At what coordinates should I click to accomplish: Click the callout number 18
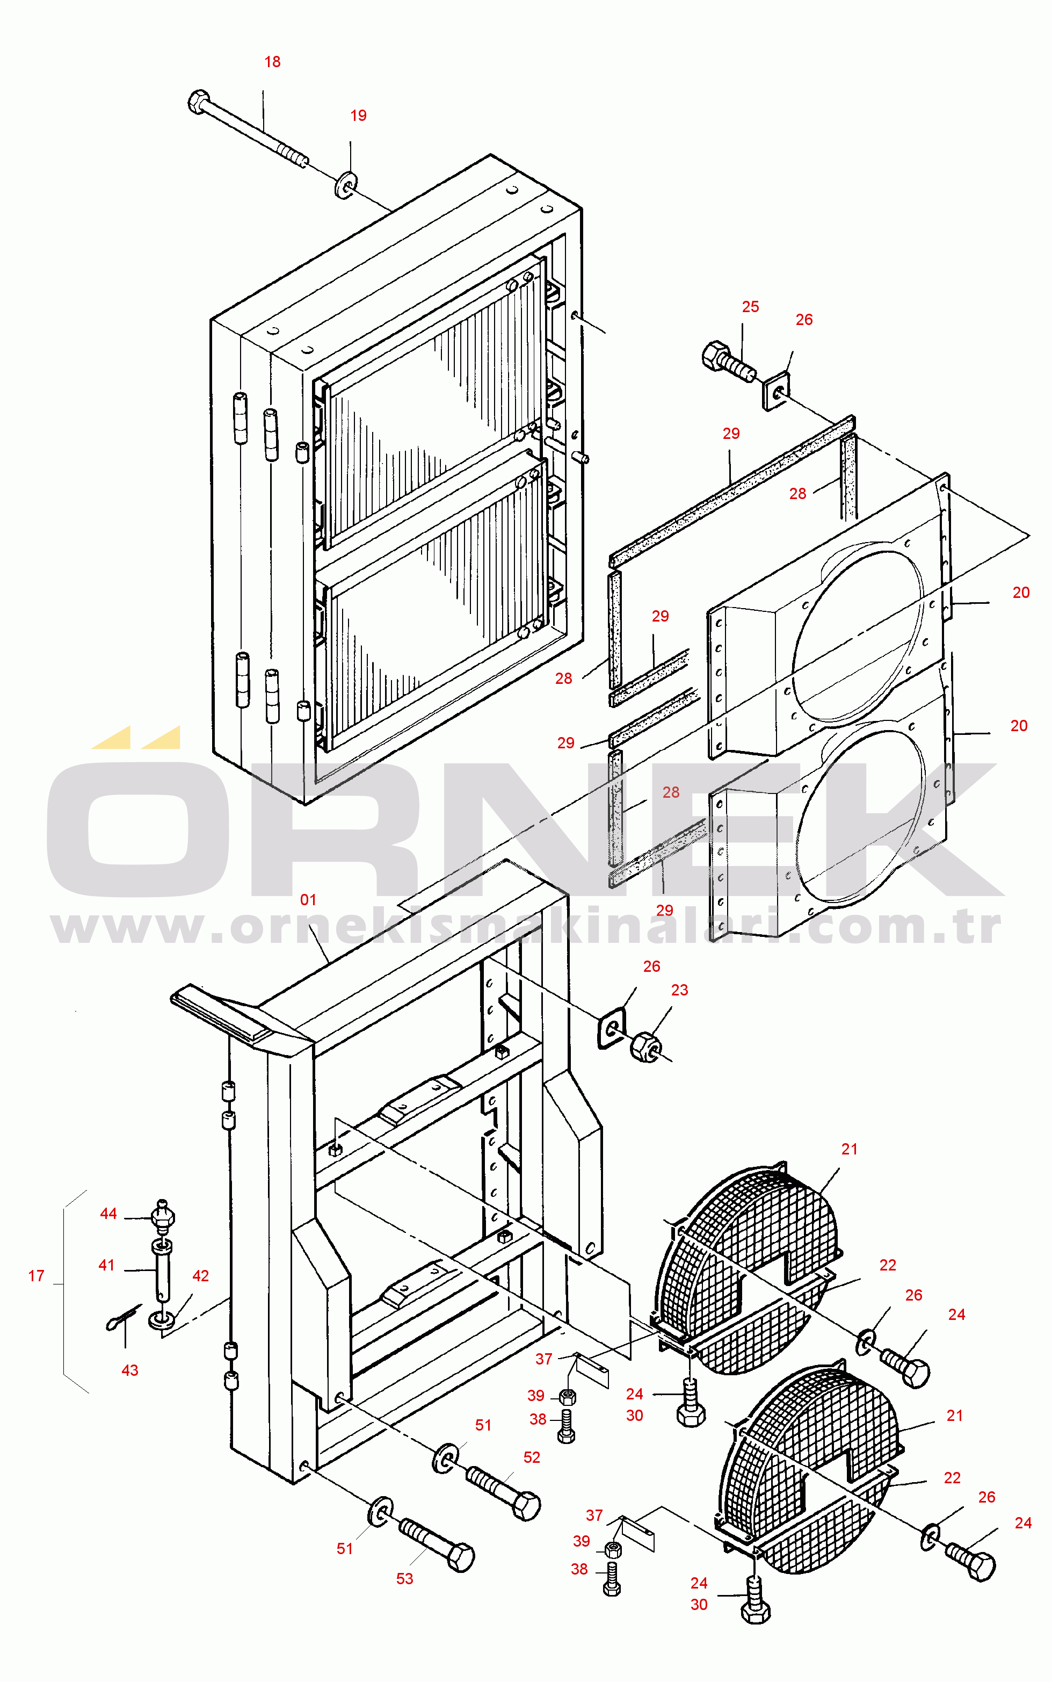(272, 62)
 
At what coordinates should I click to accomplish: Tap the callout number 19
(358, 115)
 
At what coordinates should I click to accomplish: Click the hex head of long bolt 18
(199, 102)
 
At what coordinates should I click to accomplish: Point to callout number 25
(750, 307)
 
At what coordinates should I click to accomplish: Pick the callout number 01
(308, 900)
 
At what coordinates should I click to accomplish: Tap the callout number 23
(679, 990)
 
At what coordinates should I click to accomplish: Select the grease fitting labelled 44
(163, 1214)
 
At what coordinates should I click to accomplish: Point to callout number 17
(36, 1275)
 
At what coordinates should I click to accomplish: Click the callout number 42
(200, 1275)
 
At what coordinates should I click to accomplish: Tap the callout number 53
(404, 1579)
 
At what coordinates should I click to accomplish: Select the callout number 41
(106, 1265)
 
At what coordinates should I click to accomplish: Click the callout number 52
(532, 1457)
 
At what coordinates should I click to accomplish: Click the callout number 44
(108, 1214)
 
